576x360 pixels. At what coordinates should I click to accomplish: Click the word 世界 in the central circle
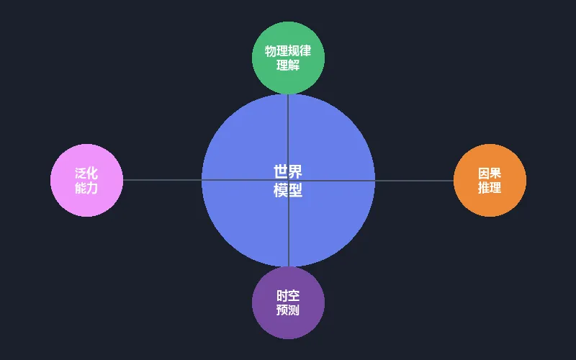pyautogui.click(x=288, y=171)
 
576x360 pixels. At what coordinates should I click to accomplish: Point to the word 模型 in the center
pyautogui.click(x=288, y=190)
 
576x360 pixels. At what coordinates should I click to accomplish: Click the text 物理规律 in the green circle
pyautogui.click(x=288, y=51)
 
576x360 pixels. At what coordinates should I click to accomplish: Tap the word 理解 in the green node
pyautogui.click(x=288, y=66)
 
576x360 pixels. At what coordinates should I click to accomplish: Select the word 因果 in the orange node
pyautogui.click(x=490, y=174)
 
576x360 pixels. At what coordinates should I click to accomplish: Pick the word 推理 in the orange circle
pyautogui.click(x=490, y=188)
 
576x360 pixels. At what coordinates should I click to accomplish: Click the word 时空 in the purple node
pyautogui.click(x=288, y=296)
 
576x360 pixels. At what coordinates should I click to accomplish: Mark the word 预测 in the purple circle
pyautogui.click(x=288, y=310)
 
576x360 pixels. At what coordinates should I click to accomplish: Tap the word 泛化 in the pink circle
pyautogui.click(x=86, y=174)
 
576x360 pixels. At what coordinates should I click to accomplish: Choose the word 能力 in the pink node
pyautogui.click(x=86, y=188)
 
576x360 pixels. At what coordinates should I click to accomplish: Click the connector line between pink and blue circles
pyautogui.click(x=162, y=180)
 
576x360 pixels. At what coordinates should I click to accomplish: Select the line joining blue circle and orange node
pyautogui.click(x=414, y=180)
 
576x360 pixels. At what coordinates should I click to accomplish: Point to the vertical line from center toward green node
pyautogui.click(x=288, y=130)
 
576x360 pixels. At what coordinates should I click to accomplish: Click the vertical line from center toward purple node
pyautogui.click(x=288, y=230)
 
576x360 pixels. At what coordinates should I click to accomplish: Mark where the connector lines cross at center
pyautogui.click(x=288, y=180)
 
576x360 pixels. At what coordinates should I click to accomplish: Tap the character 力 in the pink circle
pyautogui.click(x=92, y=188)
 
